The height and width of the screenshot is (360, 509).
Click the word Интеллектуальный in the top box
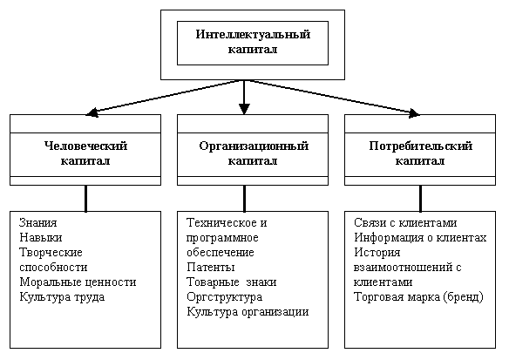pos(253,34)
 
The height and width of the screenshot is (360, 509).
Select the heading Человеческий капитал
pos(85,153)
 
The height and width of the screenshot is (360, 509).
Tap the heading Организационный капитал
pos(254,153)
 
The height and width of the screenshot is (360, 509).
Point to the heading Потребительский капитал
pos(420,153)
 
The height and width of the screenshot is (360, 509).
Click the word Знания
pos(38,223)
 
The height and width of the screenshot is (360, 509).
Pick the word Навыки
pos(41,238)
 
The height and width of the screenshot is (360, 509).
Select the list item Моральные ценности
pos(78,282)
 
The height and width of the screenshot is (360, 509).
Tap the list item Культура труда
pos(62,297)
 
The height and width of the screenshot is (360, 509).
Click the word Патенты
pos(211,267)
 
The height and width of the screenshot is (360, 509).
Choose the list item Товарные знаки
pos(232,282)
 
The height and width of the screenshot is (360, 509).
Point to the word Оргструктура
pos(224,297)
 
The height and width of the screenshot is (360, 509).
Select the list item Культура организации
pos(248,312)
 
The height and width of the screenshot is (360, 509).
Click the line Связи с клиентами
pos(405,223)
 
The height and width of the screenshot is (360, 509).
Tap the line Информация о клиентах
pos(420,238)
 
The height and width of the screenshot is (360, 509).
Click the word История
pos(377,253)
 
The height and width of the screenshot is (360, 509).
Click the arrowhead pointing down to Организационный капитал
pos(244,109)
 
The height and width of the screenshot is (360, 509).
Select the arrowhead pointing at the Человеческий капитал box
pos(92,112)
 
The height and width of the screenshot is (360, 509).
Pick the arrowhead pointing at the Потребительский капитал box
pos(414,113)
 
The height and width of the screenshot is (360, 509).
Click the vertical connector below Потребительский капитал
pos(420,199)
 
